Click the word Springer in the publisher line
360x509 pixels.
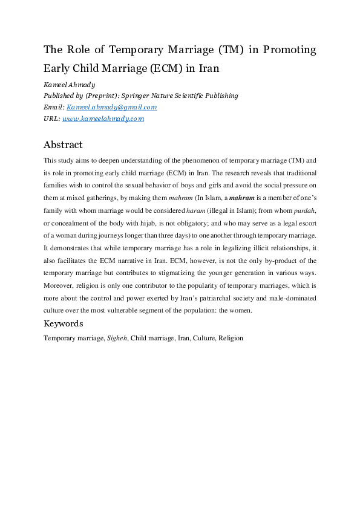tap(143, 96)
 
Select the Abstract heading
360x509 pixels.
tap(63, 145)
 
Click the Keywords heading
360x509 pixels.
tap(63, 323)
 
